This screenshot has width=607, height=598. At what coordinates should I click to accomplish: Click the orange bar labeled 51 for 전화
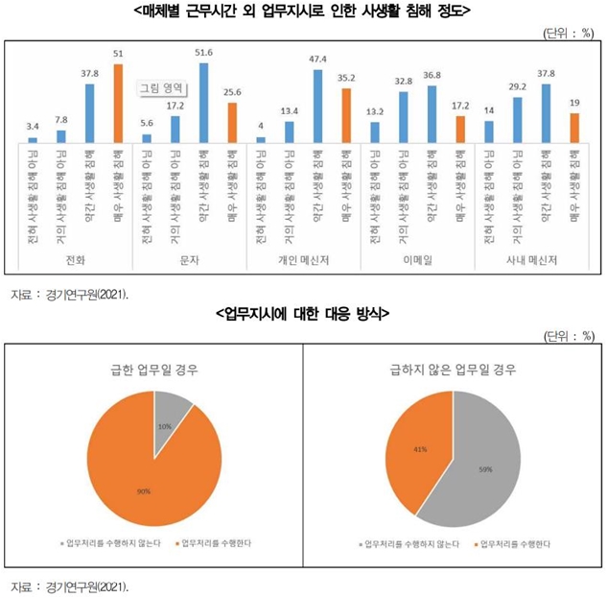coord(118,102)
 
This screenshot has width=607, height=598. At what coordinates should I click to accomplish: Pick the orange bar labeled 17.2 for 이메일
coord(459,128)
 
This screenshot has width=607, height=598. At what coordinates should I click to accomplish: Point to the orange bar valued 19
coord(573,127)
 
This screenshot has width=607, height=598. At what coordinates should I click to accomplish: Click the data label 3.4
coord(33,126)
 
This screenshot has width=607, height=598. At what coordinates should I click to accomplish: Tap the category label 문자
coord(189,259)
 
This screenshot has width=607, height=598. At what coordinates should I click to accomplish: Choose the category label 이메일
coord(416,259)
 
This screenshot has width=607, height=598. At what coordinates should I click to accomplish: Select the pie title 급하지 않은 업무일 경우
coord(452,369)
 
